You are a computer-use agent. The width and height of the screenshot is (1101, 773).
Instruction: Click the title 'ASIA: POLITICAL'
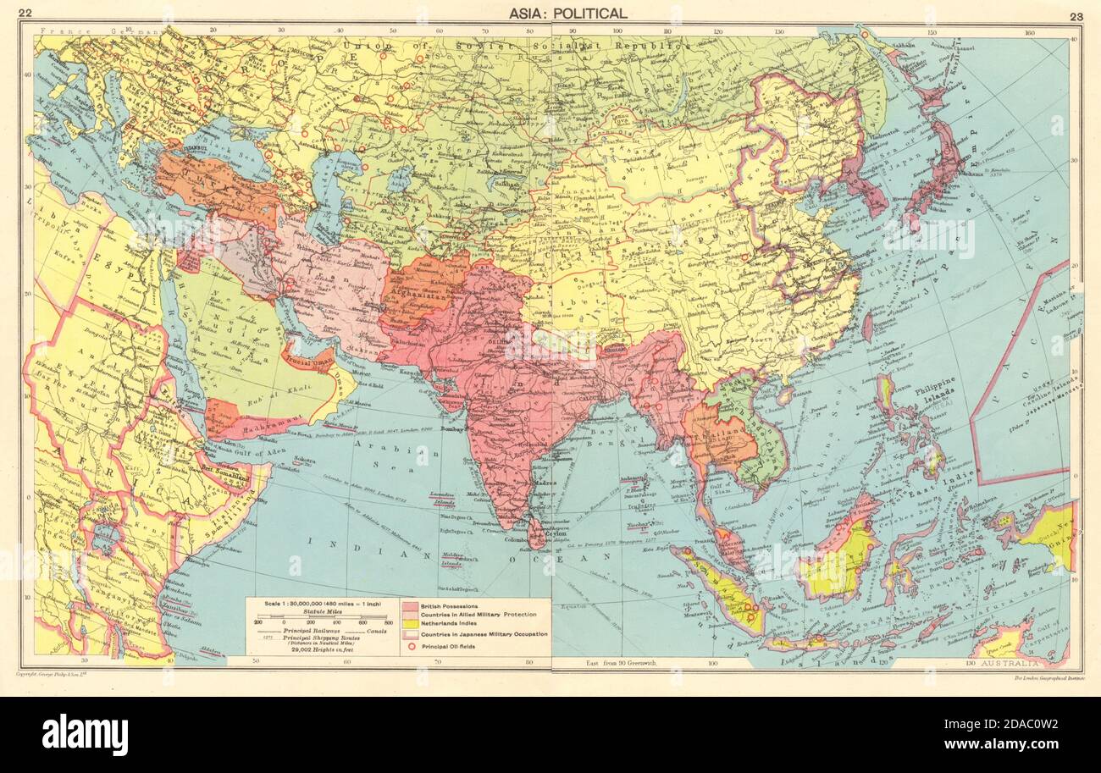click(x=568, y=13)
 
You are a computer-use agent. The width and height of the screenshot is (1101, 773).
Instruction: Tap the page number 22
click(x=25, y=13)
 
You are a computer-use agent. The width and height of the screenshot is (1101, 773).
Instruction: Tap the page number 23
click(x=1076, y=17)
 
